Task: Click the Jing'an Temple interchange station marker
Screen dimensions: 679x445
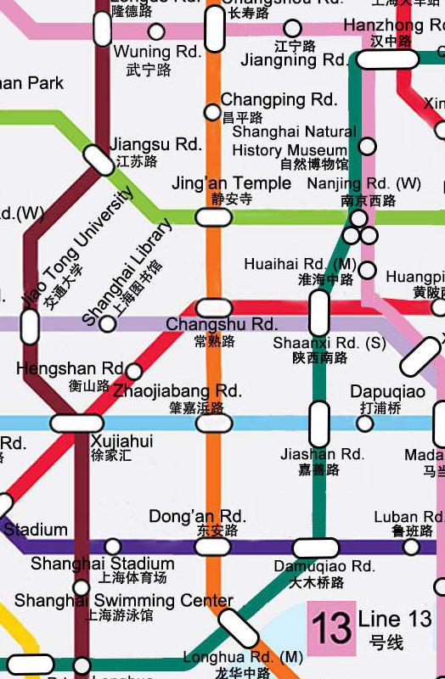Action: [x=213, y=217]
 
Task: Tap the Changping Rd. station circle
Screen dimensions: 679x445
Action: [x=212, y=112]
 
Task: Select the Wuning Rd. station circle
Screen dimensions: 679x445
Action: [x=156, y=32]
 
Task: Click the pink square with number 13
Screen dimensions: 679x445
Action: [x=330, y=629]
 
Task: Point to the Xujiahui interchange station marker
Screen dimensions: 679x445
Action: [x=77, y=423]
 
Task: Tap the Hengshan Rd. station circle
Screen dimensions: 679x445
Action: [x=133, y=371]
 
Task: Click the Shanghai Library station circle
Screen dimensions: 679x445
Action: [x=108, y=323]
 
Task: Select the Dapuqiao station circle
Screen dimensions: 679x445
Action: [x=366, y=423]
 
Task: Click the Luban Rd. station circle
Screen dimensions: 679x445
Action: [x=411, y=547]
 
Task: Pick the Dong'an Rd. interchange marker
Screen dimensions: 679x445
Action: [x=212, y=547]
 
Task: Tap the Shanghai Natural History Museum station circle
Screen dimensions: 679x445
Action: [x=367, y=146]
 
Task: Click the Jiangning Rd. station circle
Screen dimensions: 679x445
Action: [x=292, y=28]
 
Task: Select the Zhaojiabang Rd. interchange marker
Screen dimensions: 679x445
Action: [x=213, y=423]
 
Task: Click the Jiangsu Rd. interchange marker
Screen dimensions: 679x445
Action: [x=100, y=160]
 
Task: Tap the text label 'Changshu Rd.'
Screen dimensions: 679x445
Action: [x=222, y=325]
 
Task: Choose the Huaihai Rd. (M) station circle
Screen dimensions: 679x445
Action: [x=367, y=270]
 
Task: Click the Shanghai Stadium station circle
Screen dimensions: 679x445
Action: [x=112, y=547]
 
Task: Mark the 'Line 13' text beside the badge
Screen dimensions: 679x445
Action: [x=395, y=620]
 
